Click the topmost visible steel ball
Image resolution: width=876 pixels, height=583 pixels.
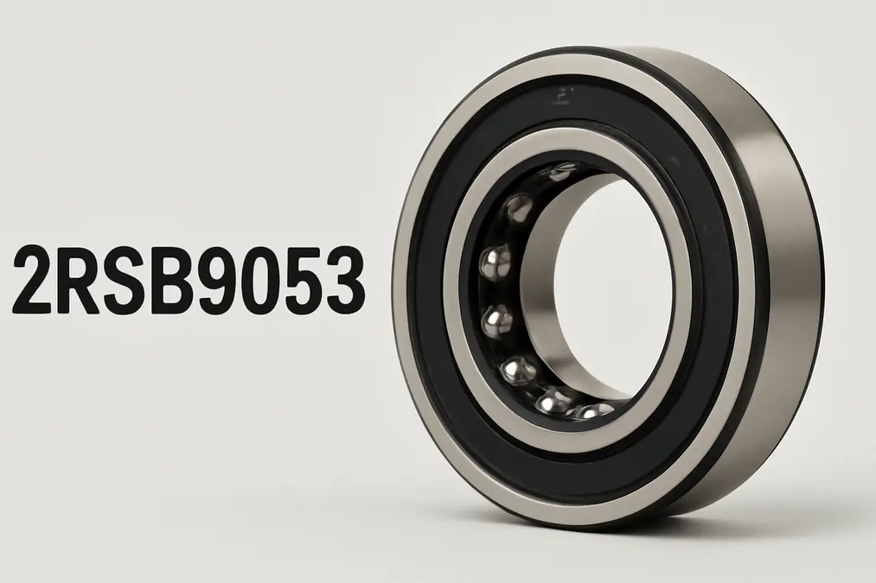click(x=562, y=170)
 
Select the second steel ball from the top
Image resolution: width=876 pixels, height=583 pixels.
click(x=519, y=208)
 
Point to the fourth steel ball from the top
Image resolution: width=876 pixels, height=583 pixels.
click(x=496, y=321)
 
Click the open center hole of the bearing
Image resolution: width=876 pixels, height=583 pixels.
click(x=614, y=285)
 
